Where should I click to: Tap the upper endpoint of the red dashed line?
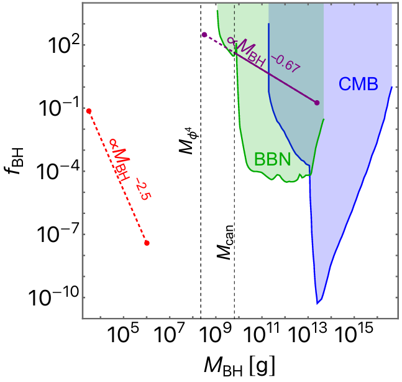[x=89, y=111]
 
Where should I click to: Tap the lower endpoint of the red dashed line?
[x=147, y=243]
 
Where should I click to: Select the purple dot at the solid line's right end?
[x=317, y=103]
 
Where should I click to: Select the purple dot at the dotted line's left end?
[x=204, y=34]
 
